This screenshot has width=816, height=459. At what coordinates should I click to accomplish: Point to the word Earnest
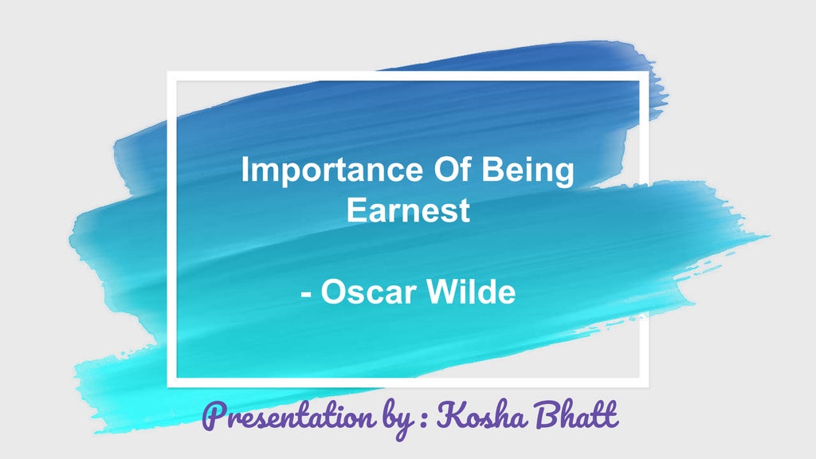coord(408,210)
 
